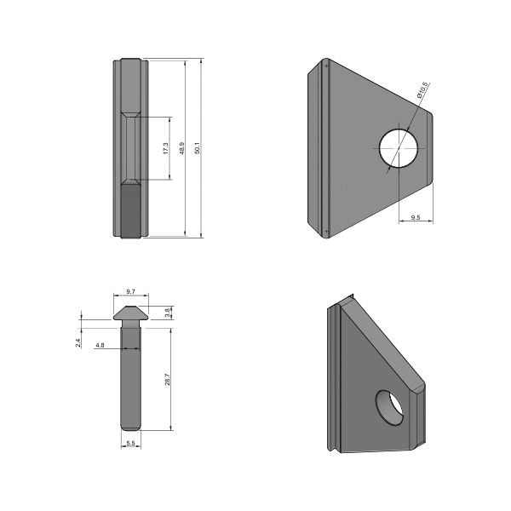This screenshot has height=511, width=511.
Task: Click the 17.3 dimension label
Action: [165, 148]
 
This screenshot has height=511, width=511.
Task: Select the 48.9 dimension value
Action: [181, 148]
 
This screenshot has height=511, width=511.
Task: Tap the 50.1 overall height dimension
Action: [197, 148]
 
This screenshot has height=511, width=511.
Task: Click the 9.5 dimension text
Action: [416, 218]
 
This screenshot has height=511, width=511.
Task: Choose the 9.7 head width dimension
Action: [130, 291]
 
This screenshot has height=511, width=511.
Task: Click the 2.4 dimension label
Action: [78, 342]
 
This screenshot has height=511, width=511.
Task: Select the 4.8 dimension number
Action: [100, 346]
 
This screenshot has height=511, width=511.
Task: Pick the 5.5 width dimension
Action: [130, 444]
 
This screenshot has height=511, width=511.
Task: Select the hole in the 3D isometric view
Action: [391, 406]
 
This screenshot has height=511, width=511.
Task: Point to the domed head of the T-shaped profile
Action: [130, 313]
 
